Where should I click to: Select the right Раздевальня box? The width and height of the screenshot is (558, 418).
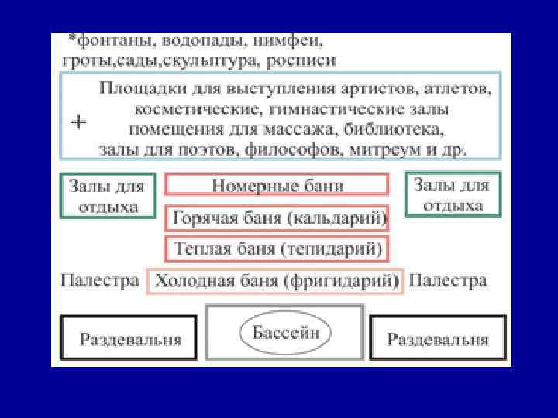point(438,338)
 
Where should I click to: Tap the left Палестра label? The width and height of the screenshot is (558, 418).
point(100,279)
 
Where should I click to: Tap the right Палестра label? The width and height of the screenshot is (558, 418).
point(448,279)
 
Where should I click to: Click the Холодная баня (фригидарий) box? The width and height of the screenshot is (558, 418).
point(275,280)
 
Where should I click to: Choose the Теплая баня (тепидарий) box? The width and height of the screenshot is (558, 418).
point(277,250)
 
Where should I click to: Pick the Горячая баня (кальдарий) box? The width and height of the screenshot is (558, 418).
point(277,219)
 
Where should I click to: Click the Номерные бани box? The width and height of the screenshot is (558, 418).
point(277,186)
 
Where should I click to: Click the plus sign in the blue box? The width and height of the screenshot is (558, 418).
point(79,122)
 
